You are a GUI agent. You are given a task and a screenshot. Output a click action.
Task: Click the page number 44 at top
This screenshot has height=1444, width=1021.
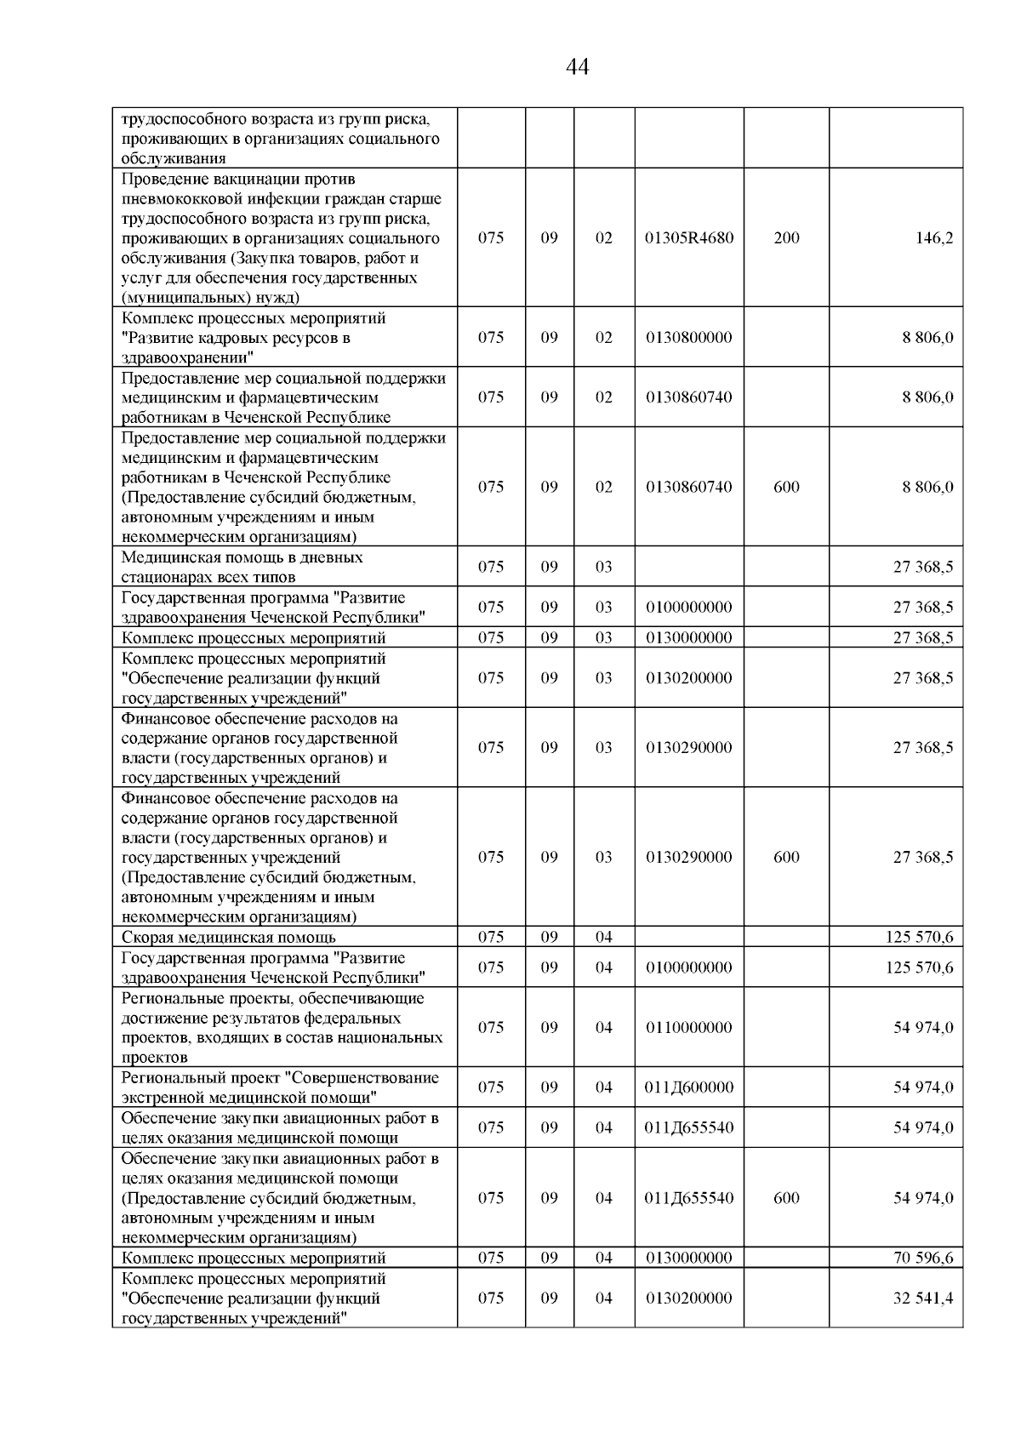pos(577,67)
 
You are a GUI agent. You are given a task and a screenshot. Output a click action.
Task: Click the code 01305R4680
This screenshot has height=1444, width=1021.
pos(688,238)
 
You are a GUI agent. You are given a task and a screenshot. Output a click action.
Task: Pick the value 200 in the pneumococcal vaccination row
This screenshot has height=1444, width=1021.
pos(786,238)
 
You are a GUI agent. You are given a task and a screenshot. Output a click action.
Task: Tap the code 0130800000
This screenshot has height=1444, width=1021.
pos(688,338)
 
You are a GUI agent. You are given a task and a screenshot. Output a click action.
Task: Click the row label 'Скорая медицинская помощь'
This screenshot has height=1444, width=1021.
pos(228,938)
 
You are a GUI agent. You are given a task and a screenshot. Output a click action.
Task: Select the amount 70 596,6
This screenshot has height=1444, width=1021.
pos(922,1258)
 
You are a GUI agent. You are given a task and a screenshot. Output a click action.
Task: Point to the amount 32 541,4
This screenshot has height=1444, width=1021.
pos(922,1298)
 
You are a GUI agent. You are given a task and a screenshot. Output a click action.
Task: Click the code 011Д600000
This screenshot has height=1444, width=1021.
pos(688,1087)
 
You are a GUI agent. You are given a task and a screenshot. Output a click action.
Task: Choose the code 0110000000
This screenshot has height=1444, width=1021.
pos(688,1028)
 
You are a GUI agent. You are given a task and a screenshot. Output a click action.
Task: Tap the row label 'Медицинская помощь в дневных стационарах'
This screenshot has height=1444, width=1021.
pos(242,567)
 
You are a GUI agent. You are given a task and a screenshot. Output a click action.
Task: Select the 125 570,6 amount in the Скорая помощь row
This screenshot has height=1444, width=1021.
pos(919,938)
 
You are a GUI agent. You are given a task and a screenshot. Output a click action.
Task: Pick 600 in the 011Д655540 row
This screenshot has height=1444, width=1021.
pos(786,1198)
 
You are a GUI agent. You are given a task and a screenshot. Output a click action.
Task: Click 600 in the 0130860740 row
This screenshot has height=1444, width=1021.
pos(786,488)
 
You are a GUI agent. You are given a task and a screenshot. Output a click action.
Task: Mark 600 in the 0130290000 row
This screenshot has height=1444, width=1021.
pos(786,858)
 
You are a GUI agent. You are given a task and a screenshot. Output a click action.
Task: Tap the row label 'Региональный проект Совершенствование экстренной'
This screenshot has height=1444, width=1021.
pos(280,1087)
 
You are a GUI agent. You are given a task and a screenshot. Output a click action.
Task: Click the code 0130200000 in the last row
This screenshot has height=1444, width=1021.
pos(688,1298)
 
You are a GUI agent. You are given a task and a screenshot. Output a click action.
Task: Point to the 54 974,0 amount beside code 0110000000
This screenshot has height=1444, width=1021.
pos(922,1028)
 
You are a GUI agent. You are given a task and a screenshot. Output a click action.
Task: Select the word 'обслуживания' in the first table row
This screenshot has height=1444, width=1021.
pos(174,159)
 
